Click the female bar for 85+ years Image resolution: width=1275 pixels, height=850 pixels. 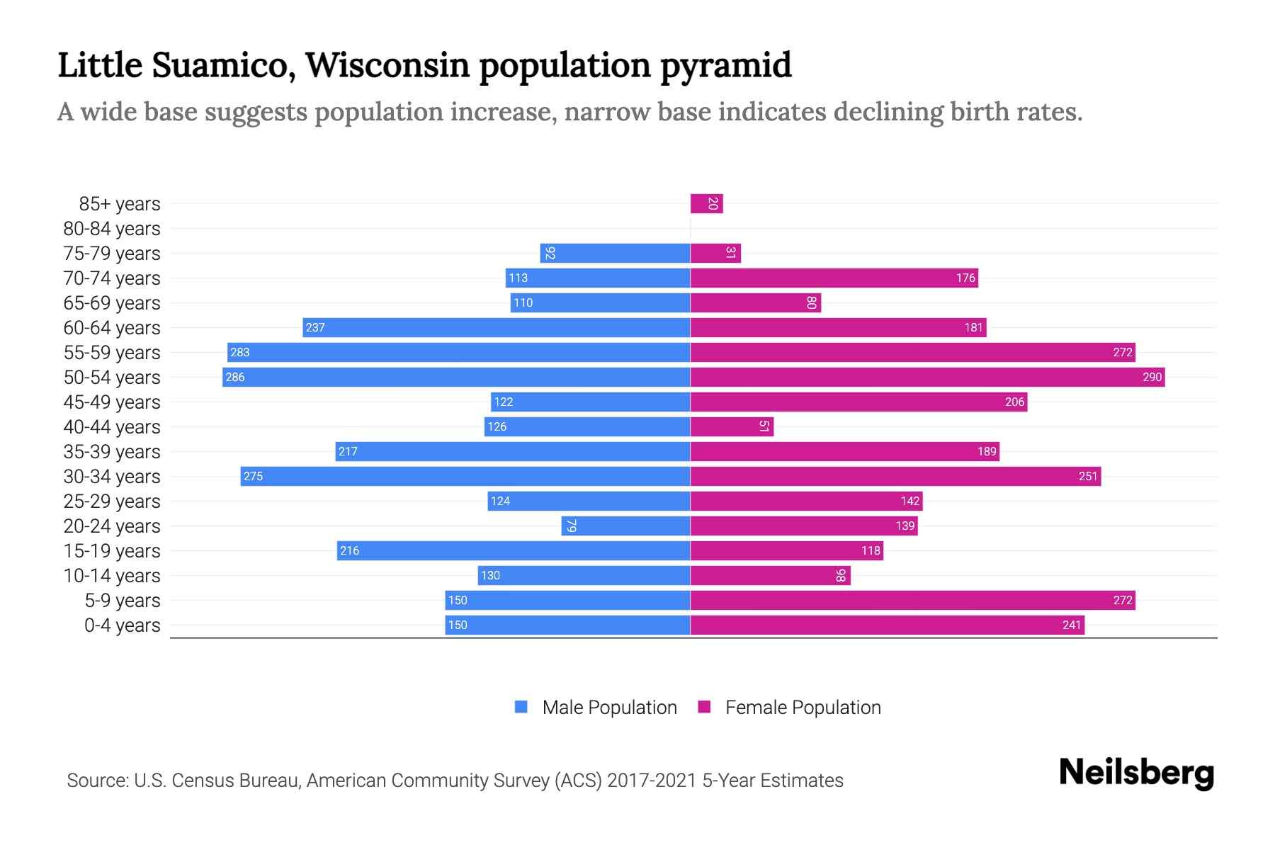[706, 204]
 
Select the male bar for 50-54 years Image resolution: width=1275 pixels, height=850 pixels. [456, 377]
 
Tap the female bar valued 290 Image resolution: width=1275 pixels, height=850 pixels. [927, 377]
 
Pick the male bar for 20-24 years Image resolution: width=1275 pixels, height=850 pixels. [625, 526]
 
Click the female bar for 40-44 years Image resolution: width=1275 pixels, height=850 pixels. [732, 426]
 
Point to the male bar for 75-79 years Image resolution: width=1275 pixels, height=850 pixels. [615, 254]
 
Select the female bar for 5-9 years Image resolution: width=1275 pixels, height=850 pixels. [912, 600]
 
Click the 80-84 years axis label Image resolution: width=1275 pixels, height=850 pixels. [112, 229]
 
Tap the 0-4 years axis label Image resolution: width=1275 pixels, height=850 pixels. [122, 625]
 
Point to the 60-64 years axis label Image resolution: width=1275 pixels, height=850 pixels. [112, 328]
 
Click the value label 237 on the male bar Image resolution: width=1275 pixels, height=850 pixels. [315, 327]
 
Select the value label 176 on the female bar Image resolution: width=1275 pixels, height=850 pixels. [965, 278]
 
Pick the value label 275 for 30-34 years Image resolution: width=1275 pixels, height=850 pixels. [253, 476]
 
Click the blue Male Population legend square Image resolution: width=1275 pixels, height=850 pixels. [521, 707]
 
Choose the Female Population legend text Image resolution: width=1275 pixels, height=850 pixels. [803, 707]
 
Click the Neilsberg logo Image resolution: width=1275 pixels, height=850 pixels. [1136, 773]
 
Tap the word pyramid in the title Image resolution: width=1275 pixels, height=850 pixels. [726, 65]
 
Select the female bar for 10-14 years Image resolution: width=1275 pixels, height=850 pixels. [770, 575]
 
